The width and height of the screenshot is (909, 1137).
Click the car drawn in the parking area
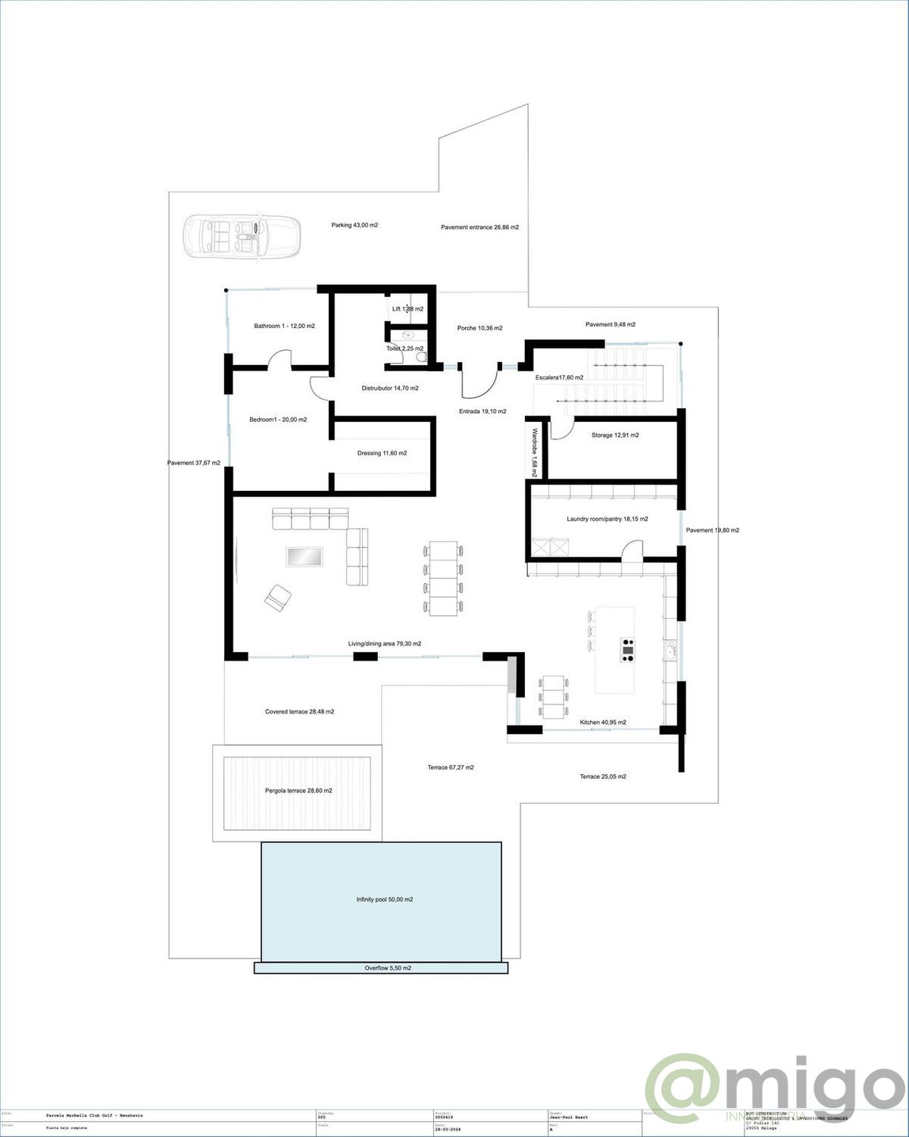[x=242, y=238]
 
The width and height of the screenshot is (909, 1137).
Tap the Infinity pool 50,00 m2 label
[x=385, y=900]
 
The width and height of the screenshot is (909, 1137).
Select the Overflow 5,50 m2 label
[x=388, y=968]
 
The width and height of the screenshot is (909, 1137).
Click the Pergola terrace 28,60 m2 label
[x=298, y=790]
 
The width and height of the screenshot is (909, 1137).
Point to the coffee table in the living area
[x=306, y=557]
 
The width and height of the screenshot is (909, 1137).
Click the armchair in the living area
[x=278, y=597]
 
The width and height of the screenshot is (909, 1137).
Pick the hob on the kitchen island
[x=628, y=650]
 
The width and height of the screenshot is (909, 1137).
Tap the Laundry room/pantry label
[x=607, y=519]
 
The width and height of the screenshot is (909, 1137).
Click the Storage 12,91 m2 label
[x=615, y=436]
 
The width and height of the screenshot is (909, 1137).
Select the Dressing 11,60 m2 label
[x=382, y=453]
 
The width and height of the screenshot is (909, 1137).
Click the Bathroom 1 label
[x=284, y=326]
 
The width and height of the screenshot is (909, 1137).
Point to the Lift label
[x=408, y=309]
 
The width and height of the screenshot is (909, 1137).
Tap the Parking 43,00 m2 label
[x=355, y=225]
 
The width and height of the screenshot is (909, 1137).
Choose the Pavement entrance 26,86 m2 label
[x=479, y=226]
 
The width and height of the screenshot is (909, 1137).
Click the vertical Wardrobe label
[x=534, y=452]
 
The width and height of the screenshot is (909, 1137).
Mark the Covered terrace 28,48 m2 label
[x=299, y=711]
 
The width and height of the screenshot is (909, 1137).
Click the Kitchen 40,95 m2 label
[x=603, y=722]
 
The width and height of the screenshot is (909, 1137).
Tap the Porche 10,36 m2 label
[x=479, y=328]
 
